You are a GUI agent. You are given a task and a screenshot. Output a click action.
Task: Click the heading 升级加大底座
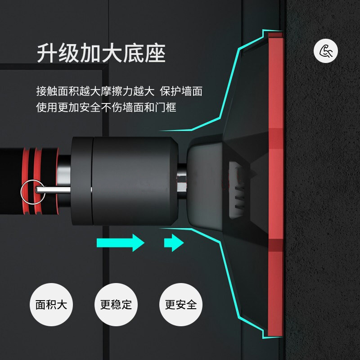[x=101, y=54]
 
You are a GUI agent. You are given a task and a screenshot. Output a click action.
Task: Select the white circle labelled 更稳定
[x=116, y=304]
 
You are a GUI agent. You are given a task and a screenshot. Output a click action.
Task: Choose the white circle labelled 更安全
[x=181, y=304]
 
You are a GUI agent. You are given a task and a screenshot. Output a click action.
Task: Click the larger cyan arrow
[x=121, y=243]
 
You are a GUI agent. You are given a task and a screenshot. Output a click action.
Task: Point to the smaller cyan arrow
[x=174, y=243]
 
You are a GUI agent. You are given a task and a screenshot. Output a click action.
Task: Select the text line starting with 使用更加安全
[x=106, y=107]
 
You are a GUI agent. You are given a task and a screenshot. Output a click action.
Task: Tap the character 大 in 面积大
[x=62, y=304]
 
